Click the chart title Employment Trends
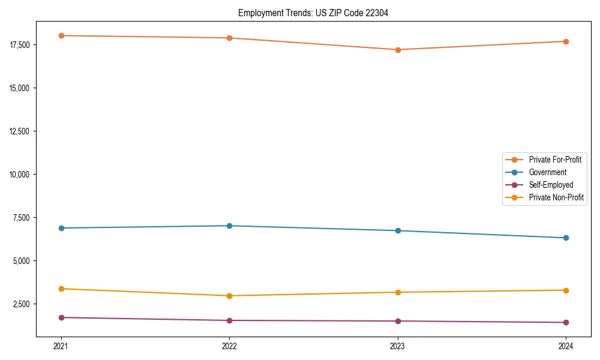click(313, 13)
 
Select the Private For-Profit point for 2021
click(61, 35)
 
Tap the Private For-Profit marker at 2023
click(398, 50)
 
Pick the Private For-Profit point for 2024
click(566, 41)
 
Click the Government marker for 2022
click(230, 226)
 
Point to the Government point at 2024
click(566, 238)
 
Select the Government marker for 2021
click(61, 228)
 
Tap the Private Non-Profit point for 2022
click(230, 296)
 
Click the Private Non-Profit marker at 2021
click(61, 289)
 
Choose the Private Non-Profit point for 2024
click(566, 290)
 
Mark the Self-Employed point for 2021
click(61, 317)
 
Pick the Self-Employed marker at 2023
click(398, 321)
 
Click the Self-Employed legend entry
click(551, 185)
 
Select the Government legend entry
click(547, 172)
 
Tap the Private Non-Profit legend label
click(556, 197)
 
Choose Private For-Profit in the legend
click(555, 160)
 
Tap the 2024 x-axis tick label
click(566, 346)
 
